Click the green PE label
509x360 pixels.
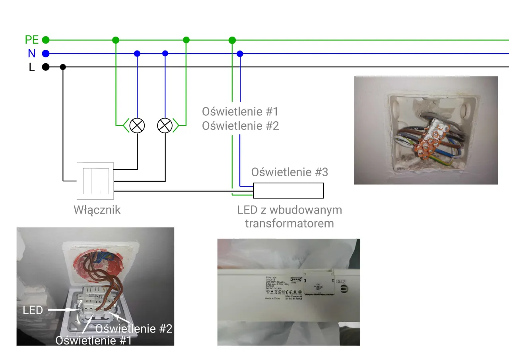pyautogui.click(x=31, y=40)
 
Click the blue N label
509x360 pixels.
pyautogui.click(x=32, y=53)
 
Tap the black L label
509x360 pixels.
pyautogui.click(x=32, y=67)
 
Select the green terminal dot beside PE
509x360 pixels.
pyautogui.click(x=46, y=40)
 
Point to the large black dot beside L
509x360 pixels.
pyautogui.click(x=46, y=67)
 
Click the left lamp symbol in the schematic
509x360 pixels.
pyautogui.click(x=137, y=125)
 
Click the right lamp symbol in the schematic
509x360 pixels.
pyautogui.click(x=165, y=125)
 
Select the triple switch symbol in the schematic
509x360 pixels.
pyautogui.click(x=95, y=181)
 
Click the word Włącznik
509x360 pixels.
pyautogui.click(x=97, y=210)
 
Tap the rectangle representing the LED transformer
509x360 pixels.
pyautogui.click(x=288, y=191)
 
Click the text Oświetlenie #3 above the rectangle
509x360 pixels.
pyautogui.click(x=289, y=172)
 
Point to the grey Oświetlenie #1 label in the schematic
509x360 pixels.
pyautogui.click(x=240, y=111)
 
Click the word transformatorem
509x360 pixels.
pyautogui.click(x=289, y=223)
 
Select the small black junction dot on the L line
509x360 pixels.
pyautogui.click(x=63, y=67)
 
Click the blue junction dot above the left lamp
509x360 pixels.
pyautogui.click(x=137, y=53)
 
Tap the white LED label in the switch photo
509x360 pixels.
pyautogui.click(x=33, y=310)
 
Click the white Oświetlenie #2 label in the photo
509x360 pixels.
pyautogui.click(x=134, y=329)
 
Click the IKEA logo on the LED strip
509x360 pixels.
pyautogui.click(x=294, y=279)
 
